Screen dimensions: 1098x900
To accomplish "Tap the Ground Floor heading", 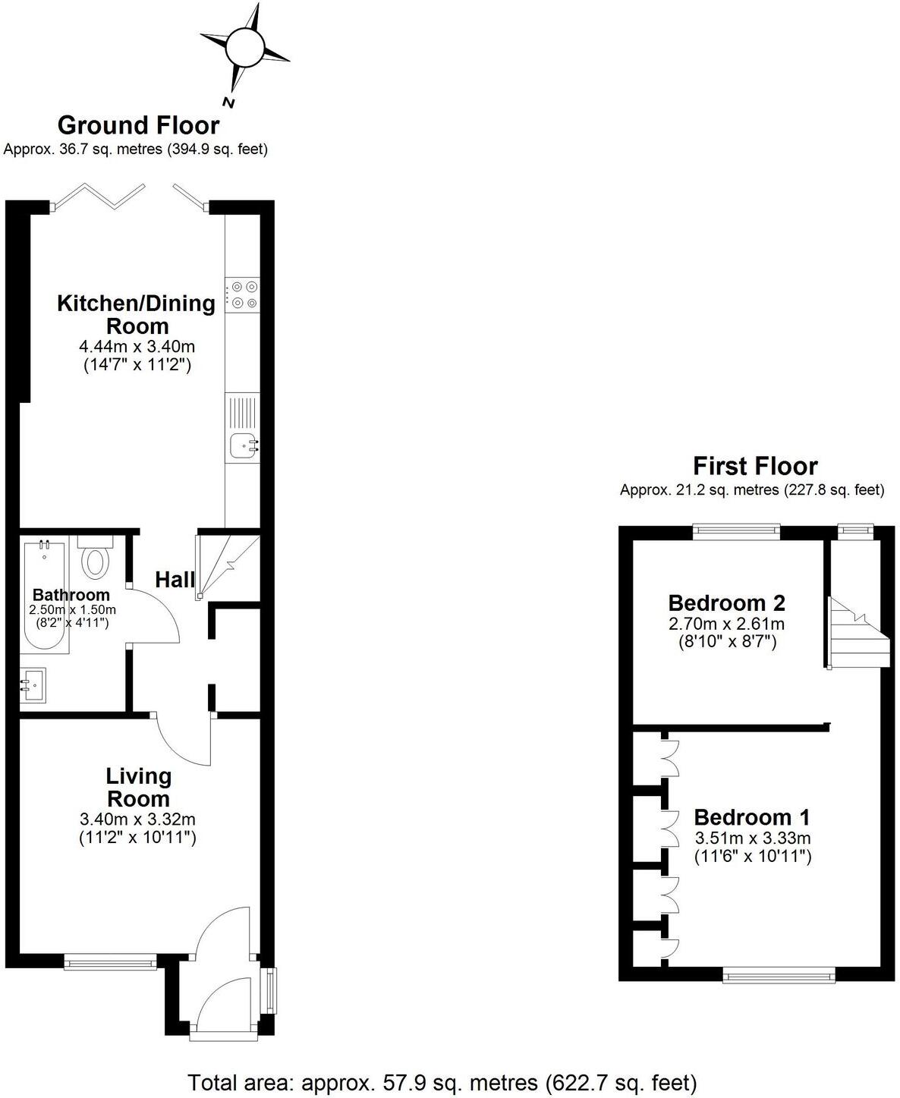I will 138,124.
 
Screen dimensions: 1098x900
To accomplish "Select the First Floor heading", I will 755,465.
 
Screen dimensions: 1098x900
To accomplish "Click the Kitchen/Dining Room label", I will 137,314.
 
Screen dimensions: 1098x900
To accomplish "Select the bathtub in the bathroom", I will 45,596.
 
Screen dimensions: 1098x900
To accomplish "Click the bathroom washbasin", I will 33,686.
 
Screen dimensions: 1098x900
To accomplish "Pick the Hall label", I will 175,580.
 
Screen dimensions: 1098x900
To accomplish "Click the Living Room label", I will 139,787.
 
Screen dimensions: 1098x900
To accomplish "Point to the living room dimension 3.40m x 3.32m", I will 137,820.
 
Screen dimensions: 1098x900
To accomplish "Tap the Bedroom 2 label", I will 726,603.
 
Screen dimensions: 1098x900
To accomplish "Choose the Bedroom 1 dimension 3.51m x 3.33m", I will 753,838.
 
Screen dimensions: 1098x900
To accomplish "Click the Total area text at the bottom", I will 442,1081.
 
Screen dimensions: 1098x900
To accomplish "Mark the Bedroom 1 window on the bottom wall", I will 779,974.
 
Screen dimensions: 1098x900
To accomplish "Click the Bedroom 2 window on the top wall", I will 736,532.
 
